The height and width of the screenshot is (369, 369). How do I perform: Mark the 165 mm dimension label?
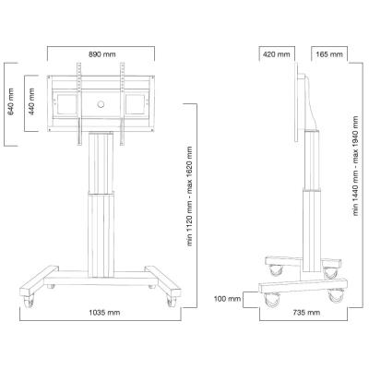click(327, 54)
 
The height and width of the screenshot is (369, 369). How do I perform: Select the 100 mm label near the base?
click(227, 299)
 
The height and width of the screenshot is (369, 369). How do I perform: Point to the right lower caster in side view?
click(335, 298)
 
